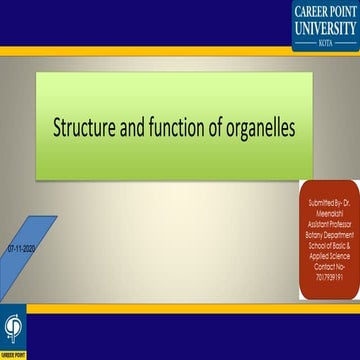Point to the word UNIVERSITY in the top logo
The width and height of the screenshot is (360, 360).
tap(325, 29)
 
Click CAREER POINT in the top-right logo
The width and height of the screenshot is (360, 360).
tap(325, 11)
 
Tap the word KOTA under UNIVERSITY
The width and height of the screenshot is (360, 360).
tap(325, 43)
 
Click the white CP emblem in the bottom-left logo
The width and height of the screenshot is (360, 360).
tap(13, 327)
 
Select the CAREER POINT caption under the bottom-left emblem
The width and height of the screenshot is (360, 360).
tap(13, 353)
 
